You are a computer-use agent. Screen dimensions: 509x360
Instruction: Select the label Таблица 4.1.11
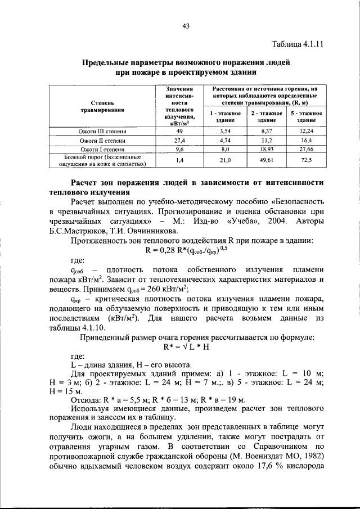[297, 44]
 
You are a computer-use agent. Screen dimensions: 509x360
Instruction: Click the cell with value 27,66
[307, 150]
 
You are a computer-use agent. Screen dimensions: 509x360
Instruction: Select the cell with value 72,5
[307, 160]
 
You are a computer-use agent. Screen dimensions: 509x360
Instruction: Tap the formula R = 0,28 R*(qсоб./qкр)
[185, 250]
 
